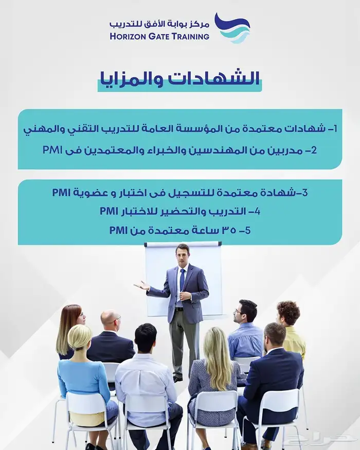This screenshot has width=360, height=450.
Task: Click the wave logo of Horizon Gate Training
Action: (x=232, y=28)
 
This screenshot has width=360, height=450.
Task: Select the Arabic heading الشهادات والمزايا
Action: (x=179, y=79)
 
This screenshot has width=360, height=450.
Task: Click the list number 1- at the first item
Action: (x=332, y=129)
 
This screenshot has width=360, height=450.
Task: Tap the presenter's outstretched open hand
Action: (x=141, y=285)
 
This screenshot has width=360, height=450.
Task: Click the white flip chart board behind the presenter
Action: (x=183, y=280)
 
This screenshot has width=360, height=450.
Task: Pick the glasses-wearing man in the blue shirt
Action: (x=246, y=330)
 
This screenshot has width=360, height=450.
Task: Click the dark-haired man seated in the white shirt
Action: (x=146, y=379)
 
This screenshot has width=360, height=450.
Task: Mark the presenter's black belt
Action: (x=179, y=309)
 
